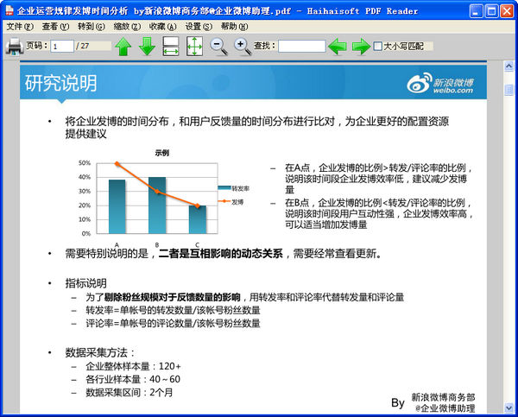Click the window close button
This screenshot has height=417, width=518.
[x=507, y=10]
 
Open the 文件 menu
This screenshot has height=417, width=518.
[x=19, y=27]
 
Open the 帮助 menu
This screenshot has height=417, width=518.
[x=234, y=27]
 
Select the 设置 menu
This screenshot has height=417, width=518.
[x=198, y=27]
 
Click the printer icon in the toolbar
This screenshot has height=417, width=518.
[x=14, y=46]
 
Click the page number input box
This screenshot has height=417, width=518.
[x=61, y=46]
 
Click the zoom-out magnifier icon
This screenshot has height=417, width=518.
[x=219, y=46]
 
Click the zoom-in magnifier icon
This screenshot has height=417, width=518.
[x=243, y=46]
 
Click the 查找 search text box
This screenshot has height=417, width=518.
[x=301, y=46]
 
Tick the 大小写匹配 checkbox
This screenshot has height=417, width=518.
[x=377, y=46]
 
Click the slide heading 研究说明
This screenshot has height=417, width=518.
[x=60, y=85]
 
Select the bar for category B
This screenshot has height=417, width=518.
[x=157, y=205]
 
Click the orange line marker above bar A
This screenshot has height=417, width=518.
[x=117, y=164]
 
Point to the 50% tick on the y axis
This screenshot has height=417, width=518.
[x=85, y=162]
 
